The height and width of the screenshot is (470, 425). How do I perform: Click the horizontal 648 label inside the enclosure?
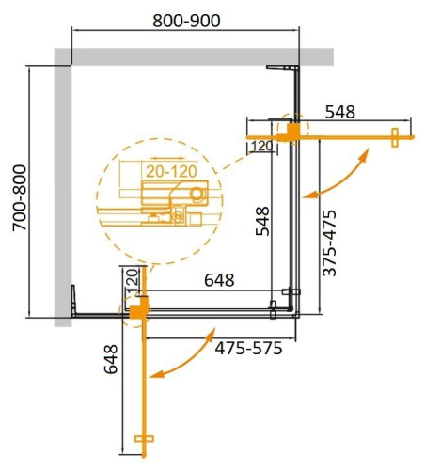[x=214, y=279]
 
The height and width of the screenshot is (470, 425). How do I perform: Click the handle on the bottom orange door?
[x=143, y=440]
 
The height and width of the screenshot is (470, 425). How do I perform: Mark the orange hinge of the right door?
[x=294, y=131]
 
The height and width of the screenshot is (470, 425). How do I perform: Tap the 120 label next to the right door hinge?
[x=262, y=146]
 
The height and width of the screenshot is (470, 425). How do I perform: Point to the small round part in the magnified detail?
[x=196, y=194]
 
